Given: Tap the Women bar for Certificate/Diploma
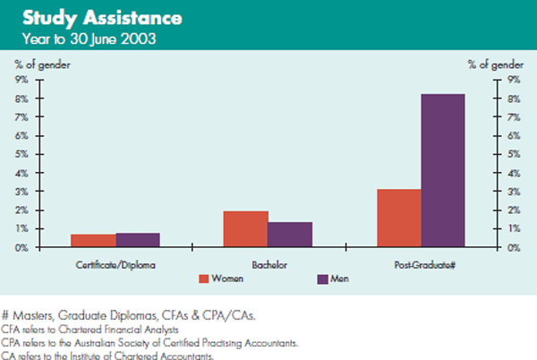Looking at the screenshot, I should click(93, 240).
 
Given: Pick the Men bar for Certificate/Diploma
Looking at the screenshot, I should click(138, 239).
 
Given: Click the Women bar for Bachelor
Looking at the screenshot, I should click(245, 228).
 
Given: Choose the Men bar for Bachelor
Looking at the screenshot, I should click(289, 234).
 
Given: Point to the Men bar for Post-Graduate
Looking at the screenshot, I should click(443, 170).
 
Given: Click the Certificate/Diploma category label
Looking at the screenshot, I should click(115, 266).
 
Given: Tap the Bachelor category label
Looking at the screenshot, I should click(267, 266).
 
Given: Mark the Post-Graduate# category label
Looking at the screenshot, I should click(420, 266).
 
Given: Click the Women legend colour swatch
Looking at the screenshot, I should click(203, 279).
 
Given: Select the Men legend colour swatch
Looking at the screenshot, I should click(323, 279).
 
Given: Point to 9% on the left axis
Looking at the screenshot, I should click(21, 80).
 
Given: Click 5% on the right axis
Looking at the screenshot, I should click(512, 154).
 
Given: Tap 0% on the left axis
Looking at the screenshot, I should click(21, 246).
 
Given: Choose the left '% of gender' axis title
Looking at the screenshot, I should click(41, 64).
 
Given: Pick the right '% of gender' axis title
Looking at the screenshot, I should click(495, 64).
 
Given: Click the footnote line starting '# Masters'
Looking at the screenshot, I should click(127, 314).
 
